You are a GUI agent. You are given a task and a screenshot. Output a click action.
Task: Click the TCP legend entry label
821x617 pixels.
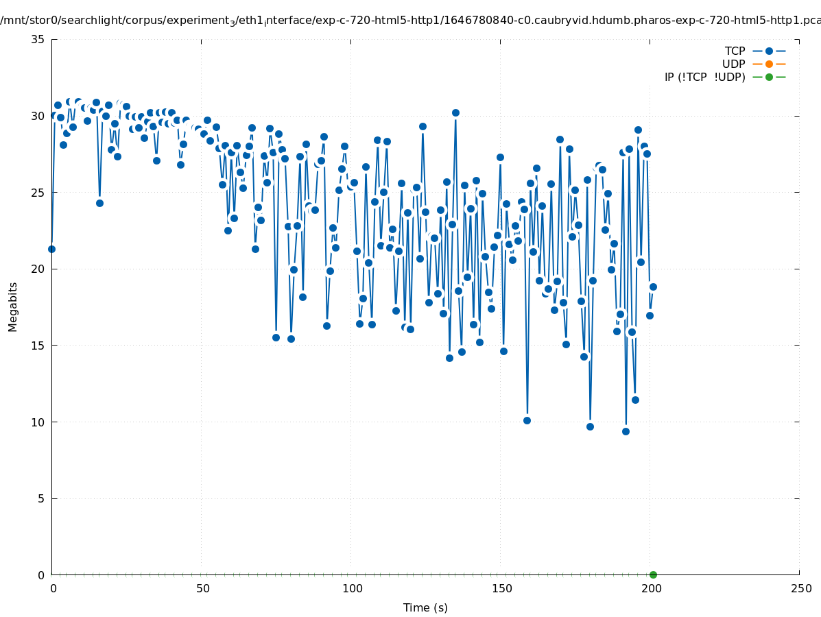click(x=735, y=51)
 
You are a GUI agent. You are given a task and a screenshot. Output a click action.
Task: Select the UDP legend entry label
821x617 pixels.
click(x=733, y=64)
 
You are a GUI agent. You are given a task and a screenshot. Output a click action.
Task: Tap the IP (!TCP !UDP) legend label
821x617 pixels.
click(x=704, y=77)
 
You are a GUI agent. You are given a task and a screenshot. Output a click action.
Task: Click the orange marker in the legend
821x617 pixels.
click(x=769, y=64)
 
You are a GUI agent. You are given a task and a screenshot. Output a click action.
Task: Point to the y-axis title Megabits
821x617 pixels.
click(x=13, y=306)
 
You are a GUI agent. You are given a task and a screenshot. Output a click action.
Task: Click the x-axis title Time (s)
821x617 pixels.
click(x=425, y=607)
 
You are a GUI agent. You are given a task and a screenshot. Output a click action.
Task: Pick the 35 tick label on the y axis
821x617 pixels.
click(x=38, y=39)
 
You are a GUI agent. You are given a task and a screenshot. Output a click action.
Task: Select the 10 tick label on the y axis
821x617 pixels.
click(x=38, y=422)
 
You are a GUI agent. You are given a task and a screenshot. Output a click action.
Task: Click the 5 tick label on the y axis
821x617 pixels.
click(x=41, y=498)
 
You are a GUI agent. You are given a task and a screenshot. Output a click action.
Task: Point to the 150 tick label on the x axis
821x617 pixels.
click(x=501, y=588)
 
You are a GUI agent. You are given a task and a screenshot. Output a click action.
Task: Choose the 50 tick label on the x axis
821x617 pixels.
click(x=202, y=588)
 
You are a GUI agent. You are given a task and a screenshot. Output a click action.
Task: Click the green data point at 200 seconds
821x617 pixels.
click(x=653, y=574)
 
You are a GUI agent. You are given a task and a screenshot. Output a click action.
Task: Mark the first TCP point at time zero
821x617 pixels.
click(x=51, y=249)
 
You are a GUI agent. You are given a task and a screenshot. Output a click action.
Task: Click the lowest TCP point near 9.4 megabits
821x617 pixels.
click(x=626, y=431)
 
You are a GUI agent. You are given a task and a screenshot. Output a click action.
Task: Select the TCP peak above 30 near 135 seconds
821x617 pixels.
click(x=455, y=112)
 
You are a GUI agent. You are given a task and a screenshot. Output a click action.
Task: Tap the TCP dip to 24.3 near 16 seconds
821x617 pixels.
click(x=99, y=203)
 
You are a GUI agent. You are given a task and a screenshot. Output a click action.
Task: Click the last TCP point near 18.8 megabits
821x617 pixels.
click(x=653, y=287)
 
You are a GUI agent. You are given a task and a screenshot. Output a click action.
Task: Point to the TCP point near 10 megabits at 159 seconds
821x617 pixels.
click(x=527, y=420)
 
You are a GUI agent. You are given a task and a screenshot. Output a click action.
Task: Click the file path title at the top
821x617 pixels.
click(x=410, y=21)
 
